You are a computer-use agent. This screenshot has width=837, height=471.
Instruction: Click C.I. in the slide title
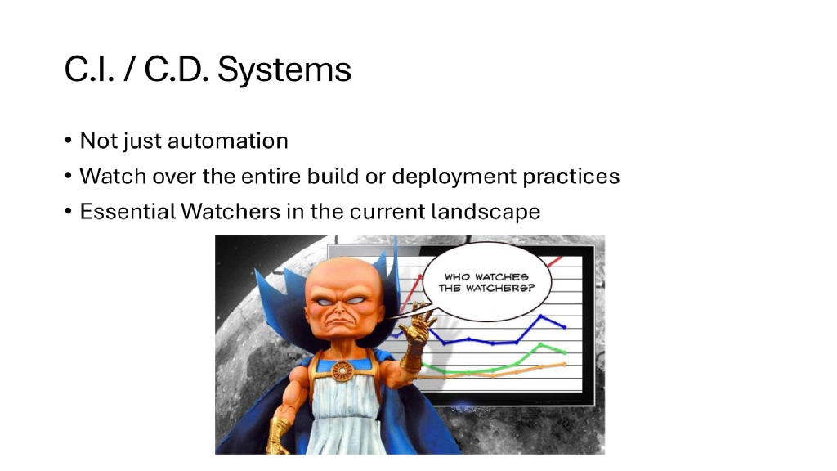tap(86, 70)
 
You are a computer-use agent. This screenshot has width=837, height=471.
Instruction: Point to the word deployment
tap(454, 177)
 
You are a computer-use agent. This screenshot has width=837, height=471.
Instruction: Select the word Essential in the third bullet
tap(128, 212)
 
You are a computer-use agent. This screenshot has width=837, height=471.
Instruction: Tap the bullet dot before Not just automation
tap(69, 141)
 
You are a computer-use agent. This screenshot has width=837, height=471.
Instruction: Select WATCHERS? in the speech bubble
tap(502, 289)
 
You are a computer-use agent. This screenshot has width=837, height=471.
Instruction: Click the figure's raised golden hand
tap(421, 326)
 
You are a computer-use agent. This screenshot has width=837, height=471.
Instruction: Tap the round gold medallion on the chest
tap(339, 369)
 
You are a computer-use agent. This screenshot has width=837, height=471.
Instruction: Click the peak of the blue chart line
tap(540, 316)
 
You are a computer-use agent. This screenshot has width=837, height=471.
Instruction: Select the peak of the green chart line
tap(540, 345)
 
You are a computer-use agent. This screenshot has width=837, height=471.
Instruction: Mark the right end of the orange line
tap(564, 364)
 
